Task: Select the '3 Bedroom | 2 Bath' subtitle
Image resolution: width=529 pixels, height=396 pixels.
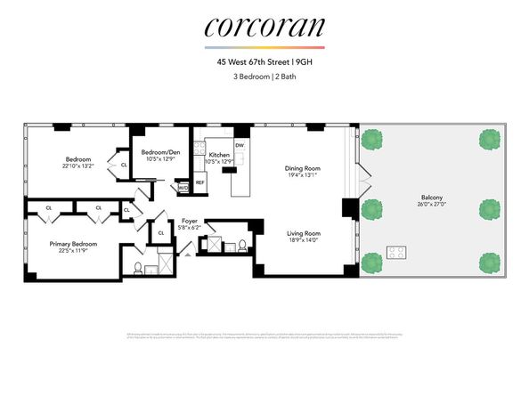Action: [x=264, y=77]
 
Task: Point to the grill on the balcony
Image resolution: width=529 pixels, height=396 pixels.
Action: [x=396, y=252]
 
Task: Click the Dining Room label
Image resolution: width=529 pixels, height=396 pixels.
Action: [x=302, y=168]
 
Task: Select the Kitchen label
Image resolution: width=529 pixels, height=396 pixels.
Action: [x=219, y=155]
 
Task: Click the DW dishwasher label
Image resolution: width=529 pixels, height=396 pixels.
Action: [x=239, y=144]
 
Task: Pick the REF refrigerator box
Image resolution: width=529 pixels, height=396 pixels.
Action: [x=199, y=182]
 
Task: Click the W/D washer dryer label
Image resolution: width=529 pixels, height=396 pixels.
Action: [x=183, y=188]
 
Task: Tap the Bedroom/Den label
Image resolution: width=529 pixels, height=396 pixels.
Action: [x=161, y=152]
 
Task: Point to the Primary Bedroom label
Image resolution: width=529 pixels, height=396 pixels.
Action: [x=73, y=243]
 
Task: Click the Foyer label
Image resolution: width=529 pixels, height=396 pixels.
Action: [x=189, y=220]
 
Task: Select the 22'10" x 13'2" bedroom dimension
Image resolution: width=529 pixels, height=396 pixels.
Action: [x=78, y=166]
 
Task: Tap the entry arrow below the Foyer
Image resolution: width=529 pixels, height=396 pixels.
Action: [x=187, y=252]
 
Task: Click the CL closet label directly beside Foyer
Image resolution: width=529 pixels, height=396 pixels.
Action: [x=160, y=232]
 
